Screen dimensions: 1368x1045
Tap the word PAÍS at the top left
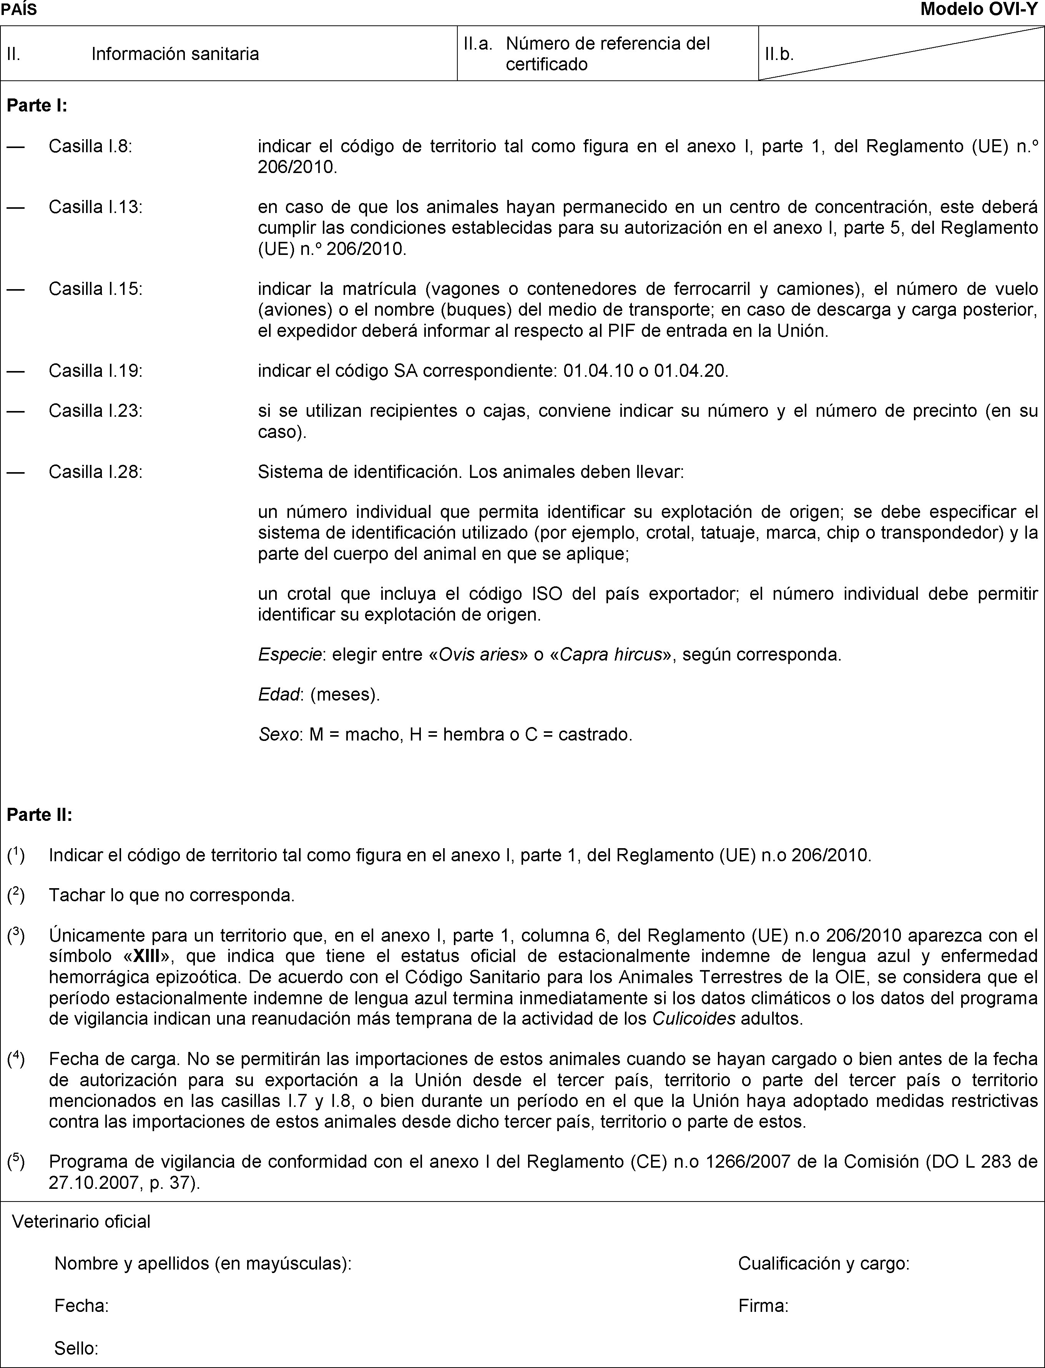(19, 9)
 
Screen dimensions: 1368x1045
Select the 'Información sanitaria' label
(175, 54)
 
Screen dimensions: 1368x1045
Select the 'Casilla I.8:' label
(90, 146)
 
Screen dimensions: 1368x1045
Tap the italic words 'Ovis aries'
(479, 654)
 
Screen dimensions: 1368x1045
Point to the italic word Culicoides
(694, 1019)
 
